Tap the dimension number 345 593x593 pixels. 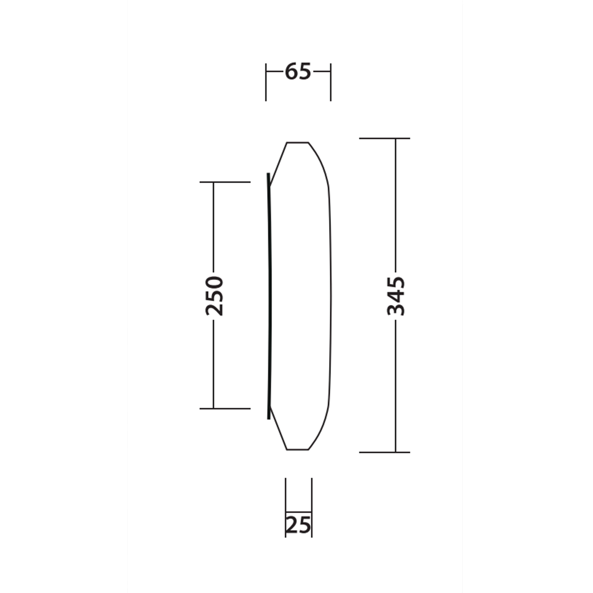[396, 296]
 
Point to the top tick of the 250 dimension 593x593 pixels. [225, 182]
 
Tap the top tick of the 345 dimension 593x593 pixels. [385, 138]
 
